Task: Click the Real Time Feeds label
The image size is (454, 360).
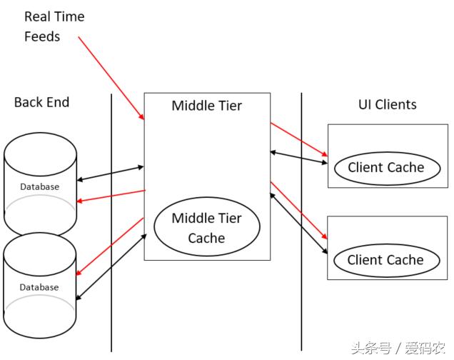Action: (54, 26)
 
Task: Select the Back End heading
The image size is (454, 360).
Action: (41, 102)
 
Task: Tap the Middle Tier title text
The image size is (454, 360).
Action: (206, 106)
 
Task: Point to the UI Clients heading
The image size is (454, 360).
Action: (387, 104)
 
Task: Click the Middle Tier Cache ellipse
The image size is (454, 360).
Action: (206, 228)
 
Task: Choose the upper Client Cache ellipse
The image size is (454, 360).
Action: (385, 168)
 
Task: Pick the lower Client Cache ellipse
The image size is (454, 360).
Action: (385, 260)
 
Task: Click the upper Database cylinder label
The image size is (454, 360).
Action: (39, 186)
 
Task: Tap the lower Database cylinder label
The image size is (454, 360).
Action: (39, 287)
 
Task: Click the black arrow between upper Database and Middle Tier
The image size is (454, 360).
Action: (110, 173)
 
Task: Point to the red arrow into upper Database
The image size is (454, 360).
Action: (111, 196)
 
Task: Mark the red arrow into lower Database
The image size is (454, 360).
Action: (111, 247)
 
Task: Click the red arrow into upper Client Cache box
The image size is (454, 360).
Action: (299, 139)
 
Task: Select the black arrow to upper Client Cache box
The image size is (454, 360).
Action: (299, 157)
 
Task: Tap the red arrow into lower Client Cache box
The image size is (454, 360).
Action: (299, 211)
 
